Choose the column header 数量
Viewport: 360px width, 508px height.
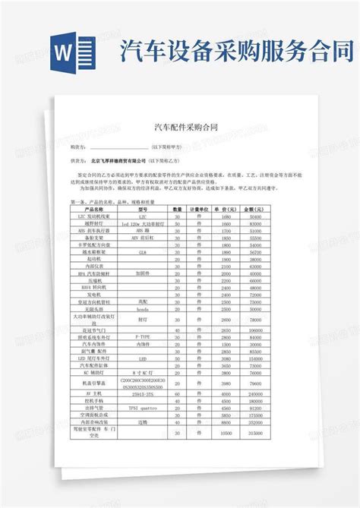click(178, 209)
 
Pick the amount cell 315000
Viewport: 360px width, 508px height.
click(252, 435)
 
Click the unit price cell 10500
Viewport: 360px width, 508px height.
click(226, 435)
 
